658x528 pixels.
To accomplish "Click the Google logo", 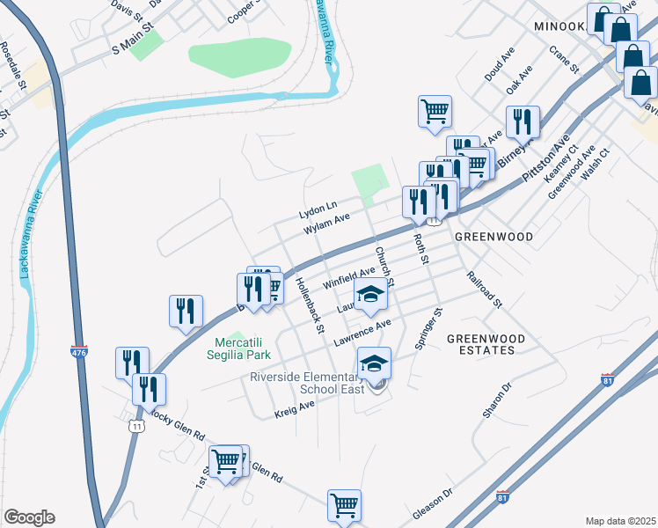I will point(29,517).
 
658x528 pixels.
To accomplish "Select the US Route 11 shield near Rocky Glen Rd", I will point(135,426).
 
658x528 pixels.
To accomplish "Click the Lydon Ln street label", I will point(318,210).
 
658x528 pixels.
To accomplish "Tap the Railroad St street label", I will point(484,290).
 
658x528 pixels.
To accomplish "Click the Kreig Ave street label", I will point(295,408).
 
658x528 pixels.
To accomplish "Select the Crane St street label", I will point(564,59).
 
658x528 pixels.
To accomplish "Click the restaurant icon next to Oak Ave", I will point(523,121).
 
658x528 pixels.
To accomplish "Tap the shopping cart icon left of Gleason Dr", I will point(344,504).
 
